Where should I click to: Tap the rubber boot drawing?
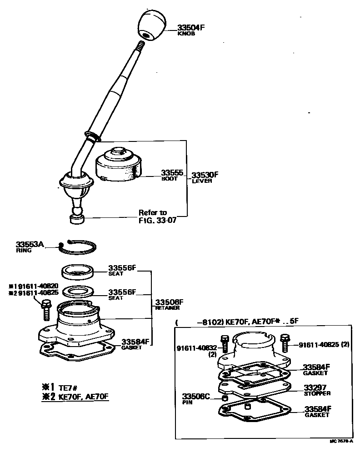pyautogui.click(x=119, y=166)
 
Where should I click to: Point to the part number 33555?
pyautogui.click(x=172, y=173)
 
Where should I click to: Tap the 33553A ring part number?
pyautogui.click(x=30, y=244)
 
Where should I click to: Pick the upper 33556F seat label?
pyautogui.click(x=122, y=268)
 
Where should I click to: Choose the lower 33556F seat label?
pyautogui.click(x=122, y=292)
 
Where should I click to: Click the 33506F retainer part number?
pyautogui.click(x=169, y=302)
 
